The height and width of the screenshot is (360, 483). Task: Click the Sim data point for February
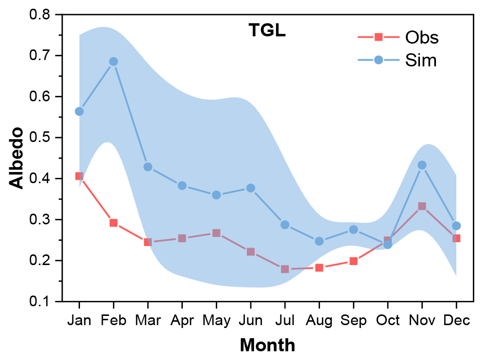click(113, 62)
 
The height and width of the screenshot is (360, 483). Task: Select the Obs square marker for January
click(79, 176)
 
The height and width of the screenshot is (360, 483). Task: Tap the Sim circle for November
click(422, 165)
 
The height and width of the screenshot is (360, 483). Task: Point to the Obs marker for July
click(285, 269)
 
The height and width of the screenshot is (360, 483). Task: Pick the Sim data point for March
click(148, 167)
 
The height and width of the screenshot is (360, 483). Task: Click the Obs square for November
click(422, 206)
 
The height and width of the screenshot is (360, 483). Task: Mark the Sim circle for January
click(79, 111)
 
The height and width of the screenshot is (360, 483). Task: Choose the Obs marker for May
click(216, 233)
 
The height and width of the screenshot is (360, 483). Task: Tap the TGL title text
click(267, 31)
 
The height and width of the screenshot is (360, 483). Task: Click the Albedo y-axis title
click(17, 158)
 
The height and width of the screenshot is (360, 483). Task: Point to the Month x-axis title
click(267, 345)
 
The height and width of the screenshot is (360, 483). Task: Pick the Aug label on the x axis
click(319, 321)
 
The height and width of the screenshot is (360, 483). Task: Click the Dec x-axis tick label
click(456, 321)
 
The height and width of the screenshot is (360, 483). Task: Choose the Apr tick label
click(182, 321)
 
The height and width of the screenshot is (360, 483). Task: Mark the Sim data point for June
click(251, 188)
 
